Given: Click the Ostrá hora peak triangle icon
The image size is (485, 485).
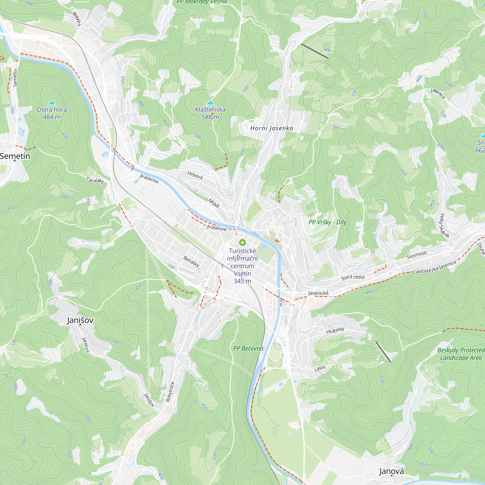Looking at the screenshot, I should click(x=52, y=102).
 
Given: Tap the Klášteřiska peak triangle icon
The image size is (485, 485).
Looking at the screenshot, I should click(x=210, y=102).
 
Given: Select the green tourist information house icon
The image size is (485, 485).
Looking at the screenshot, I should click(x=242, y=242).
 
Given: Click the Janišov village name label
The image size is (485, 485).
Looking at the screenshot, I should click(x=80, y=320).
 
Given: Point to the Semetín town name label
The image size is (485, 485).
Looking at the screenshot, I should click(x=15, y=156).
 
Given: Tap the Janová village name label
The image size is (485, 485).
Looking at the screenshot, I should click(x=391, y=471).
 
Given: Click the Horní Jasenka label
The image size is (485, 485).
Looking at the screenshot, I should click(x=272, y=128).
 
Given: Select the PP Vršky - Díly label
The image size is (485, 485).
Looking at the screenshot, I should click(x=327, y=222).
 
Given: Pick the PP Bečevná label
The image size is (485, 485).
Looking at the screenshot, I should click(x=248, y=348).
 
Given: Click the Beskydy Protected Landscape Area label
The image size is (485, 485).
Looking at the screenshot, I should click(x=461, y=354).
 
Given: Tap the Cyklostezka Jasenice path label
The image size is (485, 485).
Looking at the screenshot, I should click(x=434, y=268).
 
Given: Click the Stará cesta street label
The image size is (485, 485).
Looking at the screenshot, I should click(x=352, y=277).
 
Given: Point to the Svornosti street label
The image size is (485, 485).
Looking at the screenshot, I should click(x=416, y=255).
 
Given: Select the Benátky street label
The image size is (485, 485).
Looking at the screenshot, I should click(x=191, y=261).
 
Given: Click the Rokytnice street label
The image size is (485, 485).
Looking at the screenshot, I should click(x=170, y=392).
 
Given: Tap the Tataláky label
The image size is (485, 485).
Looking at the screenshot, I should click(x=95, y=180).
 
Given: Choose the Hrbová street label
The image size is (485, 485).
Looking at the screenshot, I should click(x=195, y=175).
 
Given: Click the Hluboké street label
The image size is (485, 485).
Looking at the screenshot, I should click(x=335, y=330).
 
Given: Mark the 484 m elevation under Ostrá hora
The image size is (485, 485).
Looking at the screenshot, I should click(x=52, y=117).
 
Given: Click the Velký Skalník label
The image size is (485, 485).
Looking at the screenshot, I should click(x=445, y=226).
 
